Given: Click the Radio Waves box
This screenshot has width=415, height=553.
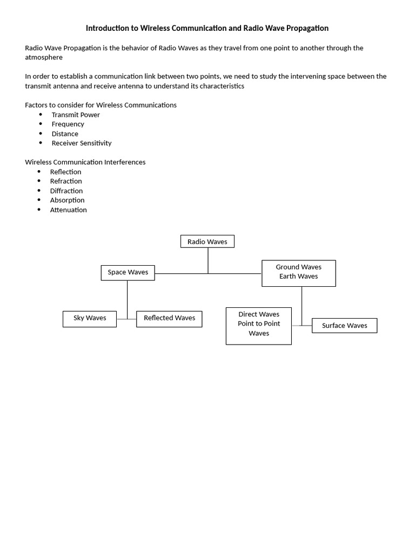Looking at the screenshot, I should (207, 241).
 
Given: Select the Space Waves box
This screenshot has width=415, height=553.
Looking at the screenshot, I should (128, 272).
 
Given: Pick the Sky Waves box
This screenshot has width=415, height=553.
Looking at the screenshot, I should (90, 319).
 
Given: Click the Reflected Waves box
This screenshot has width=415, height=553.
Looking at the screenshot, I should (169, 319).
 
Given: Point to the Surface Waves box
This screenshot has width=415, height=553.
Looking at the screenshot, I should (344, 326).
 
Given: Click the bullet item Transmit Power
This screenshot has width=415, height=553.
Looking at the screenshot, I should (76, 114).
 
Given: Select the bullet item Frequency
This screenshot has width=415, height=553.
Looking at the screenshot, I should (68, 124).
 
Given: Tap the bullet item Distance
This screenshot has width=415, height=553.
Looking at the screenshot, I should (65, 134).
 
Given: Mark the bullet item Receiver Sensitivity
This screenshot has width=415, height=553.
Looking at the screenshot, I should (82, 143).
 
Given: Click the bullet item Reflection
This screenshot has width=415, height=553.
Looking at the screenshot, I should (65, 172).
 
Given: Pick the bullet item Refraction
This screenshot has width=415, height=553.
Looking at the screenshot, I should (66, 181).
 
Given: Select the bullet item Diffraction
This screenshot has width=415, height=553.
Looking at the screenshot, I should (66, 191).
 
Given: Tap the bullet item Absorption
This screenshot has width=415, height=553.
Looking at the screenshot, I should (67, 200).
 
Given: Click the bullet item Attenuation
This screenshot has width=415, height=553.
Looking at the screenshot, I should (68, 210).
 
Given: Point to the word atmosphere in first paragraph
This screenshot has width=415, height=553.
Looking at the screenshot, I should (44, 57).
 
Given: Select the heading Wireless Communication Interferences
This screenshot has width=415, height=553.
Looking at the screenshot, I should (85, 162).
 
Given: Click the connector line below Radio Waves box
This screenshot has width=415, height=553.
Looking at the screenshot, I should (208, 260).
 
